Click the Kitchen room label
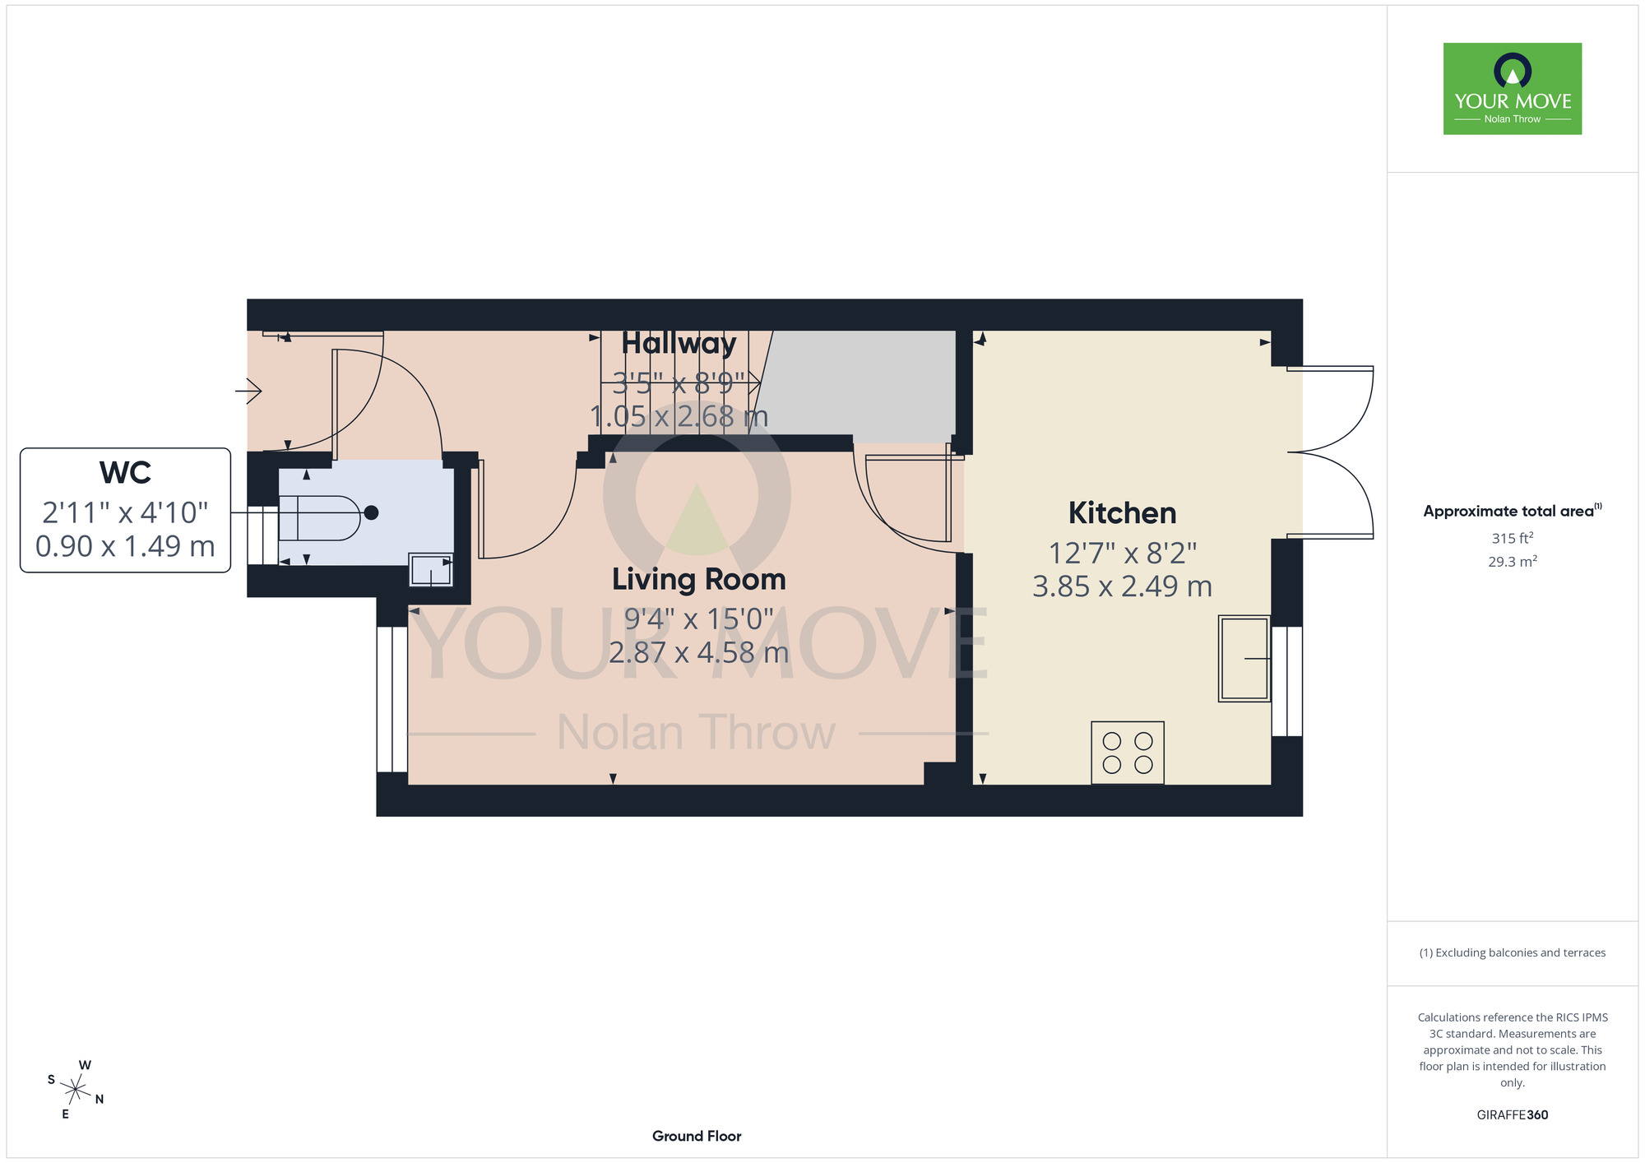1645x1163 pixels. pos(1122,513)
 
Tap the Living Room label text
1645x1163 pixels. pos(698,580)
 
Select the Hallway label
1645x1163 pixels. pos(679,343)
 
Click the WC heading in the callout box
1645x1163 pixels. pos(125,473)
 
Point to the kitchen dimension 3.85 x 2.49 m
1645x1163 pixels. pos(1122,586)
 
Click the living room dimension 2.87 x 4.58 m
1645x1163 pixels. pos(698,652)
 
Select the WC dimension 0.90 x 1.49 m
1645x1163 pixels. pos(125,546)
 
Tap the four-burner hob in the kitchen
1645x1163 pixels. pos(1128,753)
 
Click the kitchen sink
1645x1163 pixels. pos(1244,658)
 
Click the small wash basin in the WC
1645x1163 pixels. pos(431,570)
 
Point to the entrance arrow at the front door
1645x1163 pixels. pos(248,391)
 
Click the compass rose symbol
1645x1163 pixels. pos(76,1090)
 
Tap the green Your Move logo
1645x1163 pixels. pos(1513,89)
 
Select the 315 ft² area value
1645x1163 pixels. pos(1513,539)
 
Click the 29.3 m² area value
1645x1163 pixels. pos(1513,562)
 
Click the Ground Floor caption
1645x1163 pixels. pos(697,1136)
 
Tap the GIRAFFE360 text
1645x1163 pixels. pos(1513,1115)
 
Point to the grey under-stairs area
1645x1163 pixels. pos(860,383)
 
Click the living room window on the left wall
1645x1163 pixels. pos(392,700)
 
